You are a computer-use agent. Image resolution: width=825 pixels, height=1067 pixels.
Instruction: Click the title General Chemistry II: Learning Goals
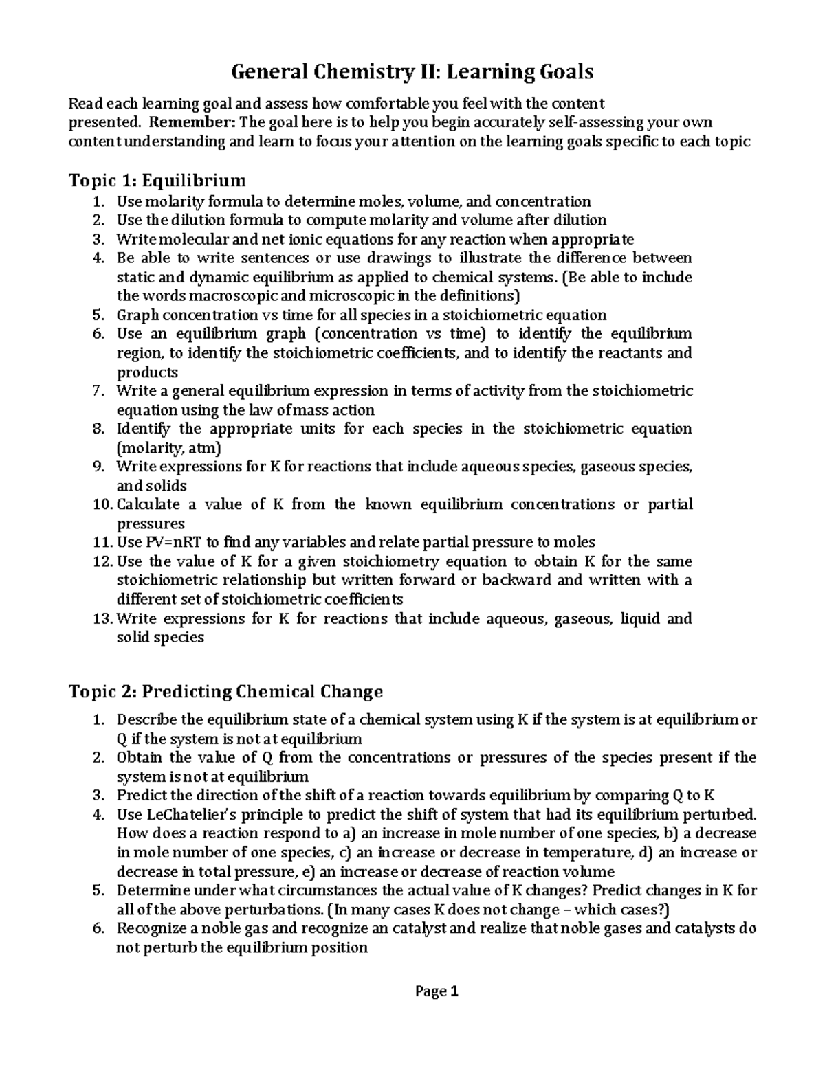coord(412,71)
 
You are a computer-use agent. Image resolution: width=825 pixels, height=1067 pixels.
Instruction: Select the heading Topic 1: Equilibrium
coord(157,181)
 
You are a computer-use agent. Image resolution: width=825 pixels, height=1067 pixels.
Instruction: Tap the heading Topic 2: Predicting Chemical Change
coord(226,691)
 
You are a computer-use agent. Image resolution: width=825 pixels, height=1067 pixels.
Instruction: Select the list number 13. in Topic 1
coord(102,618)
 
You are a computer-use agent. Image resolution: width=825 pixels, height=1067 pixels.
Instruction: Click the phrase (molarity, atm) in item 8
coord(168,448)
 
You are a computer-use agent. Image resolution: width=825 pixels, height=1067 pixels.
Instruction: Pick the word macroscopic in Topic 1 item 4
coord(233,296)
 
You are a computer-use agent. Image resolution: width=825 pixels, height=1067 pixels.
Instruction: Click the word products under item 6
coord(147,372)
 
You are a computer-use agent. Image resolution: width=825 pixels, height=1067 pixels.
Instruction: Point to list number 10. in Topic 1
coord(102,504)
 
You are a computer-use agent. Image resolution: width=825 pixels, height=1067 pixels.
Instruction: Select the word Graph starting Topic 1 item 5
coord(137,315)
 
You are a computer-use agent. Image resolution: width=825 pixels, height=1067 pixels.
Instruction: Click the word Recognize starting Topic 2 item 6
coord(151,929)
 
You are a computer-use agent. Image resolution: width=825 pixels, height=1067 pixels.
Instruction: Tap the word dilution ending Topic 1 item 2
coord(582,221)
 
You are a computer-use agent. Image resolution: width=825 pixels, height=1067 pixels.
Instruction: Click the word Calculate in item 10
coord(148,504)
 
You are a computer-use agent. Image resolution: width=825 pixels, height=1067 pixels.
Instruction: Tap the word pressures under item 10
coord(151,524)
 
